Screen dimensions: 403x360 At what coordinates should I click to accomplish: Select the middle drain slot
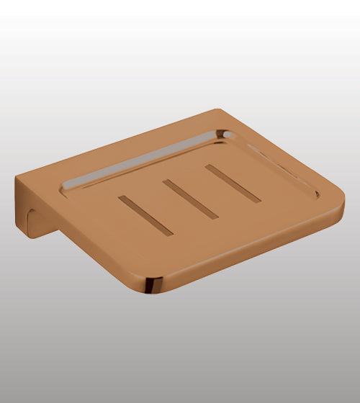(190, 199)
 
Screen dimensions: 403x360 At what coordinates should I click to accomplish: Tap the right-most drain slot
(232, 184)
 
